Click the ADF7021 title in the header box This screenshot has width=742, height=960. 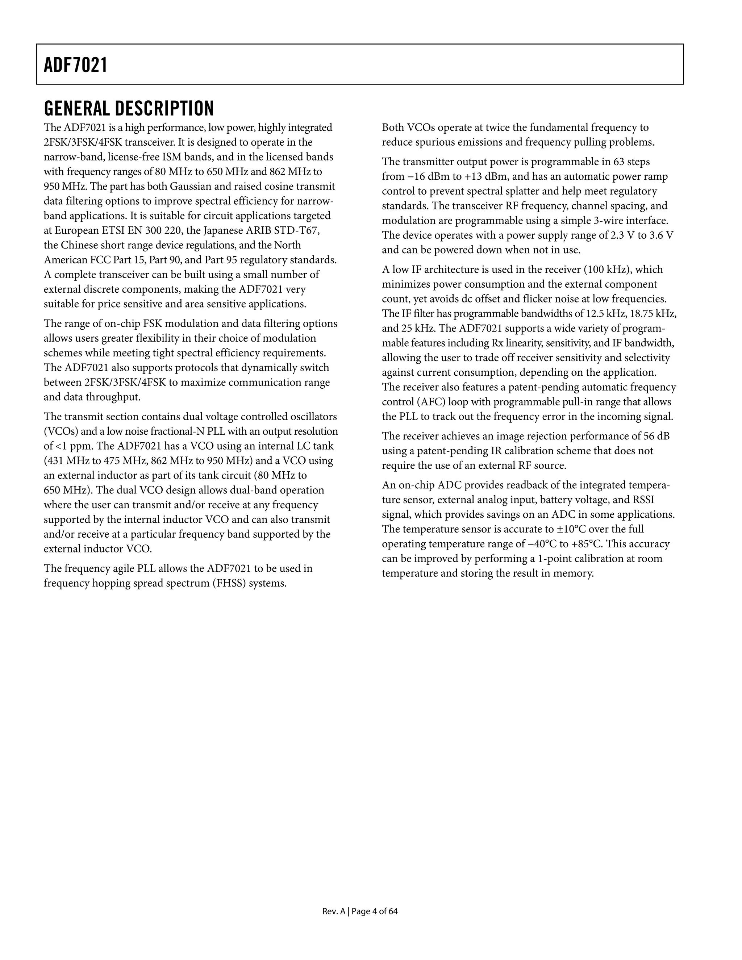pos(76,65)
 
